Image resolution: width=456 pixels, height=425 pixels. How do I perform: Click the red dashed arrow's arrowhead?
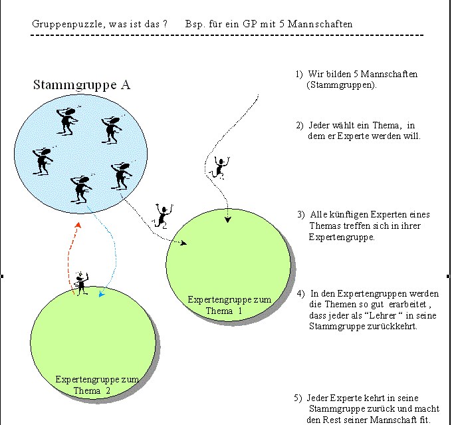point(78,226)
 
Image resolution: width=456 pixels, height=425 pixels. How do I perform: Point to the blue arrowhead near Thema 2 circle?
point(100,293)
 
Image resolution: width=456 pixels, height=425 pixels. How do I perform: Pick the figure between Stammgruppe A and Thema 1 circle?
point(162,215)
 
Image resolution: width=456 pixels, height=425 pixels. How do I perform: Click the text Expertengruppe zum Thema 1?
point(229,305)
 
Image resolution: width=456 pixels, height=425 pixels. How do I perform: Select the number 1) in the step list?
point(299,74)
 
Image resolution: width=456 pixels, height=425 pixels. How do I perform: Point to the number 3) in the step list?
point(301,214)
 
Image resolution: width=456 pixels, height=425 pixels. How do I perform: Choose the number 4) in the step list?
point(300,293)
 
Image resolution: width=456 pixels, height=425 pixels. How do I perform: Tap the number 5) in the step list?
point(298,398)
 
